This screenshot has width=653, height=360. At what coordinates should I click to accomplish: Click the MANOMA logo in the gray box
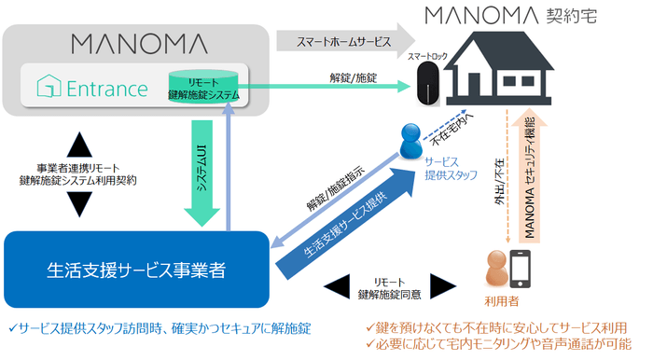pyautogui.click(x=139, y=43)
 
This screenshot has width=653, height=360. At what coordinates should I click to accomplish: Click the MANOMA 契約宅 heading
pyautogui.click(x=507, y=16)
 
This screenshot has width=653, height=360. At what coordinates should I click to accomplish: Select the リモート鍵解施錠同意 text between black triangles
pyautogui.click(x=389, y=287)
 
